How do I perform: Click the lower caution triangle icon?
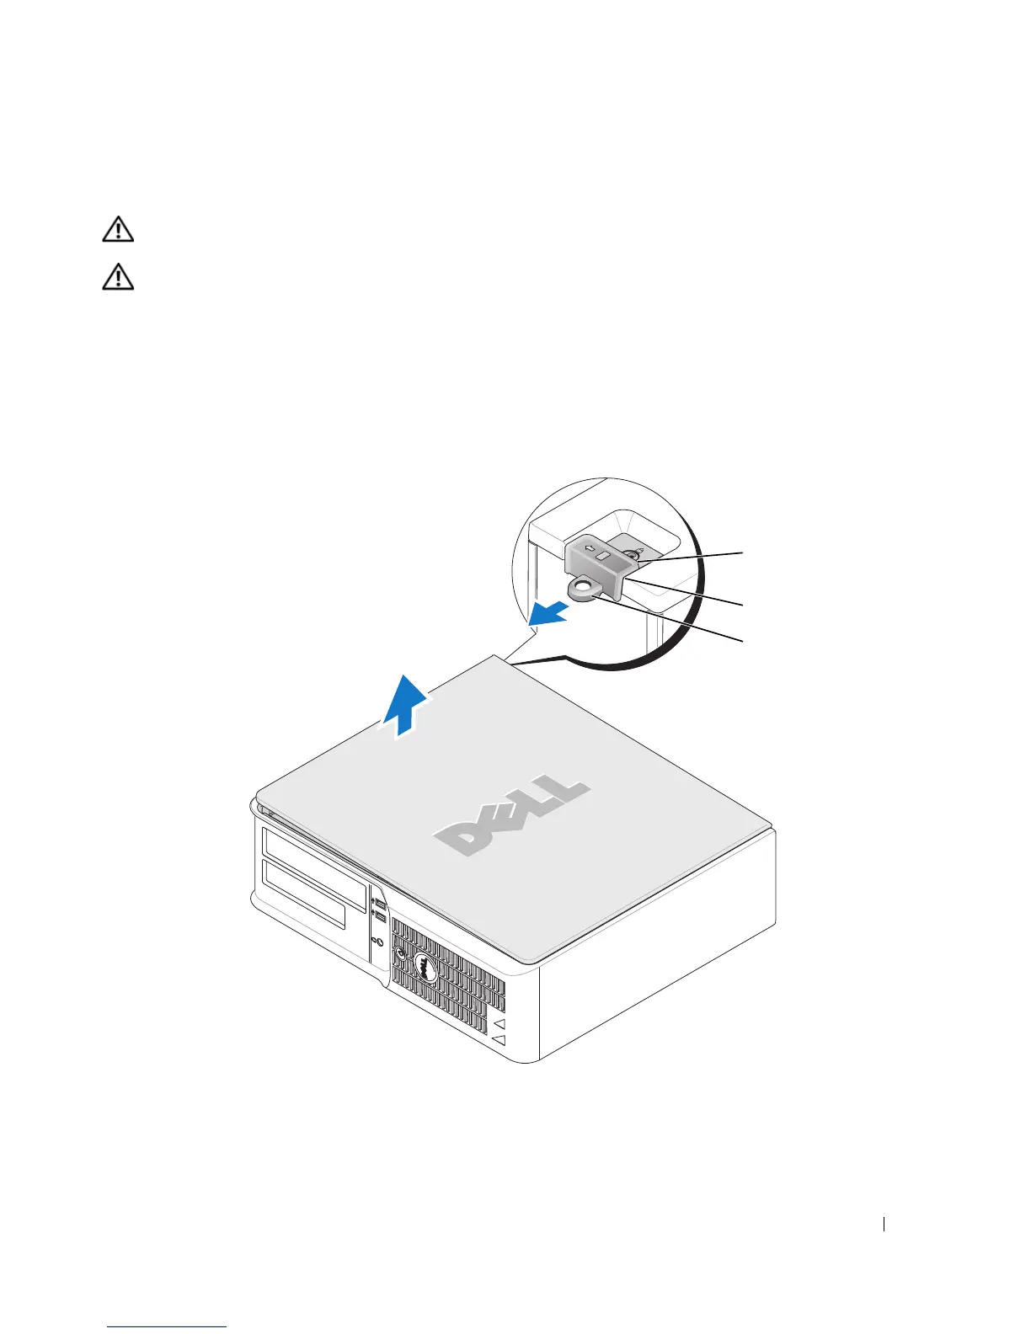click(x=118, y=277)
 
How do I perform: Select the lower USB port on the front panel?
click(x=378, y=916)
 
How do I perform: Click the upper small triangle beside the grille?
click(x=499, y=1023)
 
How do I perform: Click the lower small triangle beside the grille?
click(x=499, y=1041)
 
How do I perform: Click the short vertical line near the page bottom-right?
click(x=884, y=1225)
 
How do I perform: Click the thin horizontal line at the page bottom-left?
click(x=167, y=1327)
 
